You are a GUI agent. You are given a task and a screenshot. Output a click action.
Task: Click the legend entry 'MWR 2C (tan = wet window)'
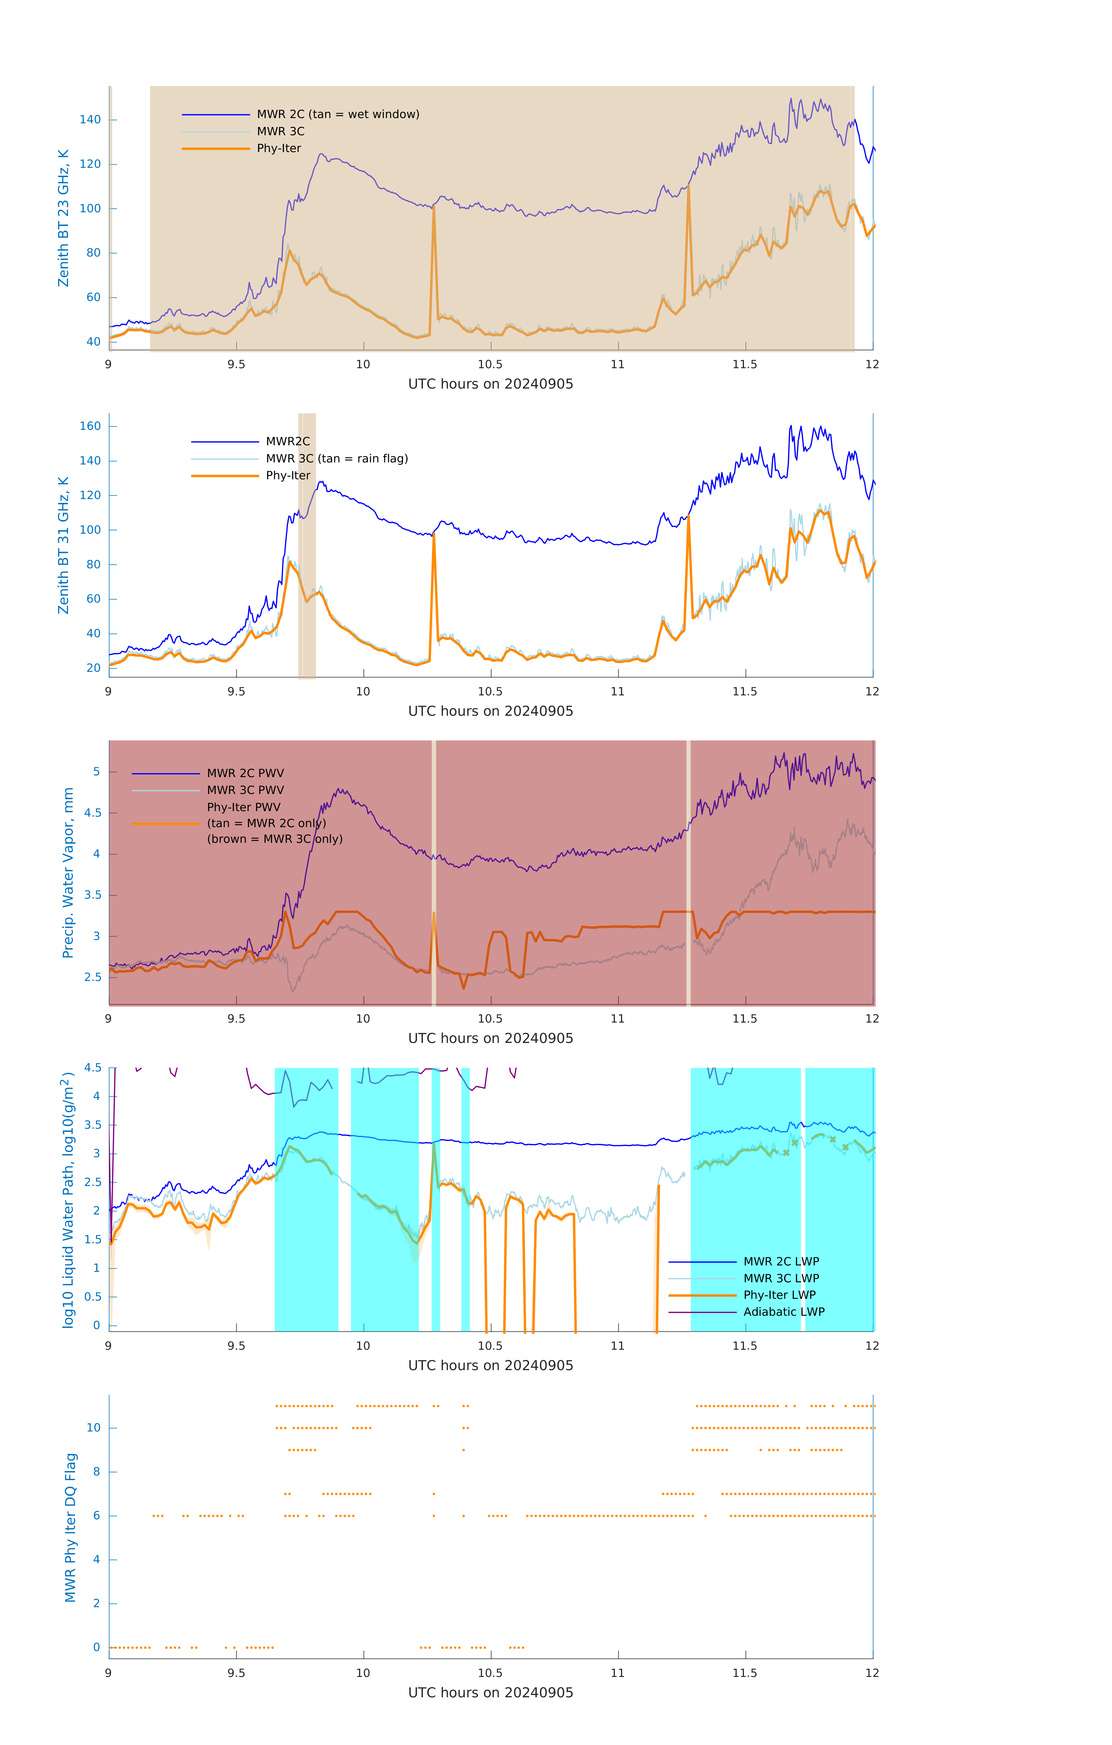(x=338, y=115)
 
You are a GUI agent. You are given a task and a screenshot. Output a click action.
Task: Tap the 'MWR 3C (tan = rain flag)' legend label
(x=337, y=459)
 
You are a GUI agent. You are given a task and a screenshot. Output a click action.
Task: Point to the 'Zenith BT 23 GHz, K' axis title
(x=64, y=218)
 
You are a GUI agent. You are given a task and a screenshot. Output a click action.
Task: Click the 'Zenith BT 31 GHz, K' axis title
(x=64, y=545)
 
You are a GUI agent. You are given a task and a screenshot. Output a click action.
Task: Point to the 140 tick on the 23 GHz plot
(x=90, y=120)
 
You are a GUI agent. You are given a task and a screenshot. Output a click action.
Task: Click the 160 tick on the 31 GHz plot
(x=90, y=426)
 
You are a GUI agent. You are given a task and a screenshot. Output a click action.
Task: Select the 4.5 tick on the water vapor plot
(x=93, y=813)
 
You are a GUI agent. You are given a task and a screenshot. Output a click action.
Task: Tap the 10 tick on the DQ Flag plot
(x=93, y=1428)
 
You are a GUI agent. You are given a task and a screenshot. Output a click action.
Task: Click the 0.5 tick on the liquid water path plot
(x=93, y=1297)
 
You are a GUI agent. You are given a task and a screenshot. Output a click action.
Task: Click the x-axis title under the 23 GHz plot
(x=490, y=384)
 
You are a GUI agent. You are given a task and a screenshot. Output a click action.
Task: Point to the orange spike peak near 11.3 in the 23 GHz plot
(x=688, y=187)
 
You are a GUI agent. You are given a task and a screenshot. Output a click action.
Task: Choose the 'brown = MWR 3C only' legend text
(x=274, y=839)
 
